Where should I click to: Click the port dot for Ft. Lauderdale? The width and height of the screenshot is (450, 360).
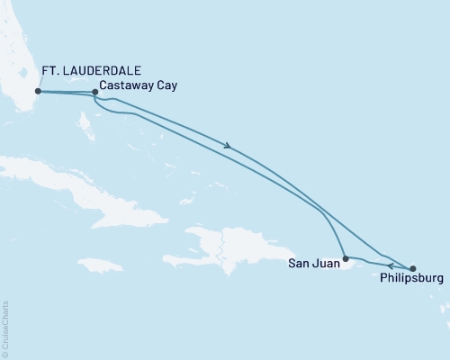37,91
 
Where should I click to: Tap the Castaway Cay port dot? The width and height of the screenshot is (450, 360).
95,92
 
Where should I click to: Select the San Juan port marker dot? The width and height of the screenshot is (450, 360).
346,259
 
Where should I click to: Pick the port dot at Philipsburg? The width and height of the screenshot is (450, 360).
413,268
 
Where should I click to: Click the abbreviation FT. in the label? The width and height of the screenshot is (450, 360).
52,70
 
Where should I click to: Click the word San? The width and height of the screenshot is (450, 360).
300,265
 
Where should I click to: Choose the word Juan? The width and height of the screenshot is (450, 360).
326,265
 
